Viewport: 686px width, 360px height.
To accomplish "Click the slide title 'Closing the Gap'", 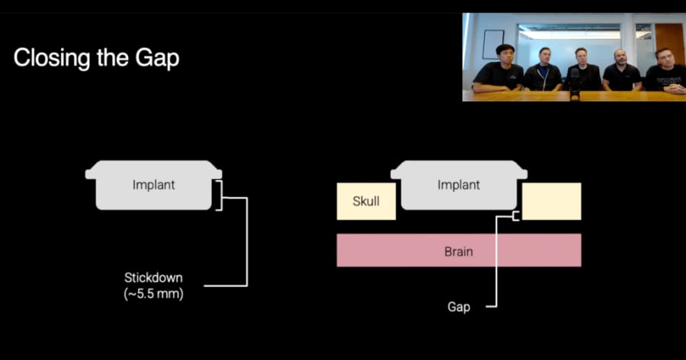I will [96, 58].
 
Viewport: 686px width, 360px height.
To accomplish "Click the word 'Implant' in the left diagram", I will [153, 185].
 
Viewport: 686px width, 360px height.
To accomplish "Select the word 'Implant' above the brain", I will [458, 185].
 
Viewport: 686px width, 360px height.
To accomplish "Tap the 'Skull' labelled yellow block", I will [366, 201].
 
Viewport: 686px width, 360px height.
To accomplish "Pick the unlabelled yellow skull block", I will [551, 201].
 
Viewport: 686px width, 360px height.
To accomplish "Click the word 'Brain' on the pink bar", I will [458, 251].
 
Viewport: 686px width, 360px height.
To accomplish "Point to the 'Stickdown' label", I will [153, 277].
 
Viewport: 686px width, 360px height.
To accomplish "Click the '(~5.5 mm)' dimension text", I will [153, 292].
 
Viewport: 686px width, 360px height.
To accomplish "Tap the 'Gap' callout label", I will [458, 307].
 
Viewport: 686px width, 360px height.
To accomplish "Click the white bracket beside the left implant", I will [220, 196].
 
